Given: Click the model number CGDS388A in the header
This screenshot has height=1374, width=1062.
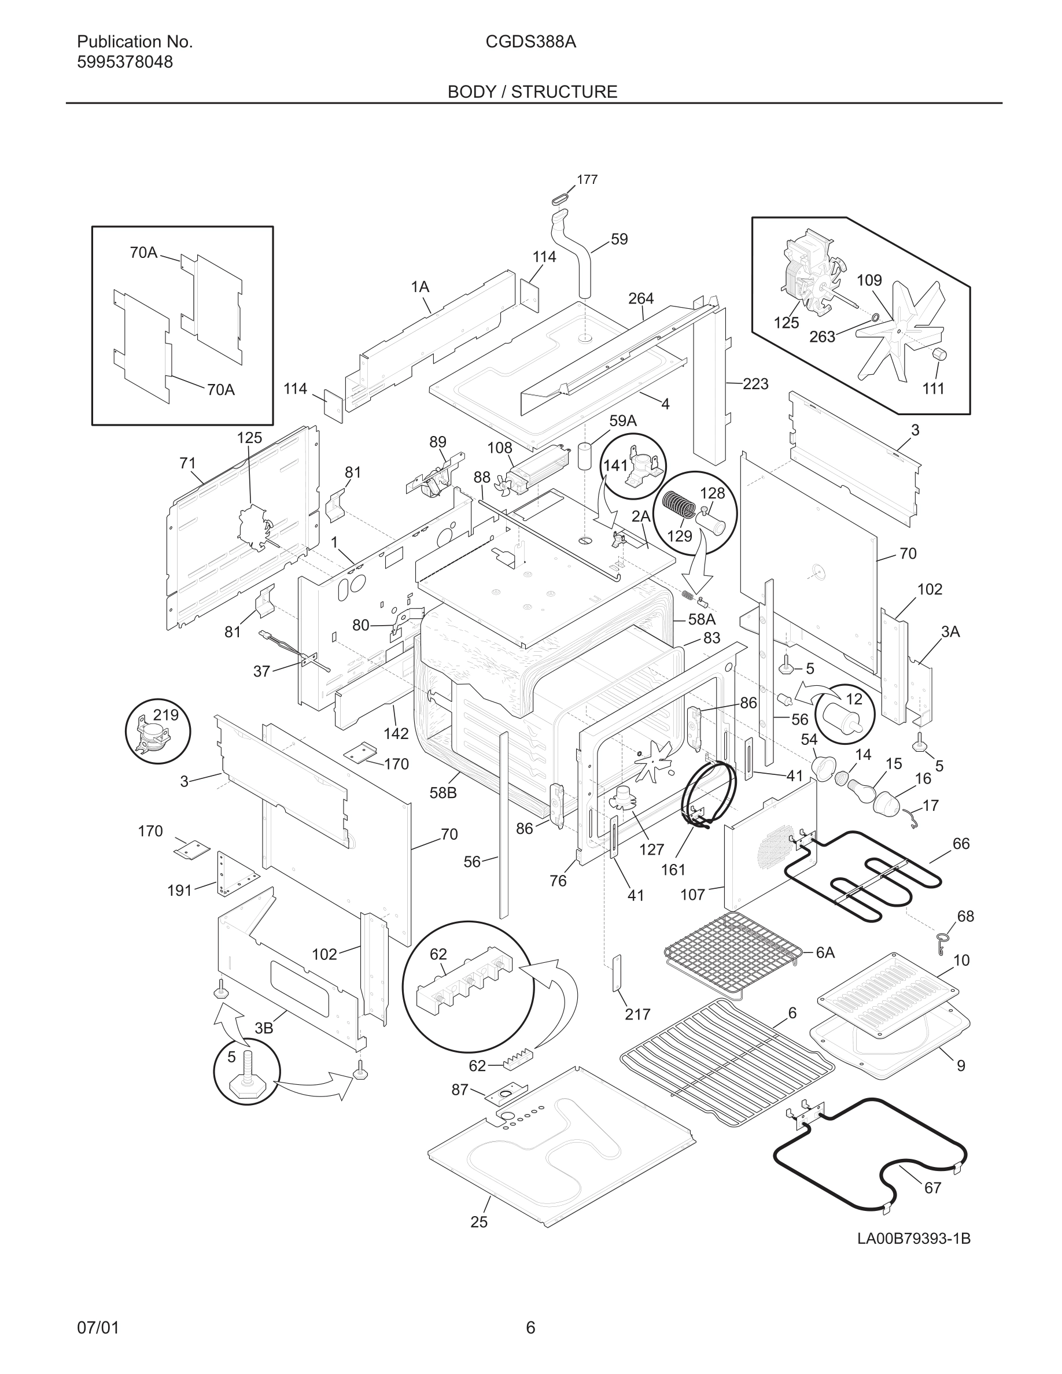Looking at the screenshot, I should (x=530, y=42).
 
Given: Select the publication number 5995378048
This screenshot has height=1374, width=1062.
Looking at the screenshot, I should (x=124, y=62).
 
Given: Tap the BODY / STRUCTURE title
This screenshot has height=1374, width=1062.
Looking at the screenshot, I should (x=532, y=92).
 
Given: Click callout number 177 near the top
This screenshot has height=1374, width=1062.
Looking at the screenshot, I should (x=587, y=180).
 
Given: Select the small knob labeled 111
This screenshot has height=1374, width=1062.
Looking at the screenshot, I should (x=939, y=354).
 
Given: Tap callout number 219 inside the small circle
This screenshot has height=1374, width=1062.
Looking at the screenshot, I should (x=166, y=715).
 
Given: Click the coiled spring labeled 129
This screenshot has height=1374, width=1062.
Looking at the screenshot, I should (x=677, y=503).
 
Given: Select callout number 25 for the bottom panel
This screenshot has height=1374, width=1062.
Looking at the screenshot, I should (x=479, y=1222).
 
